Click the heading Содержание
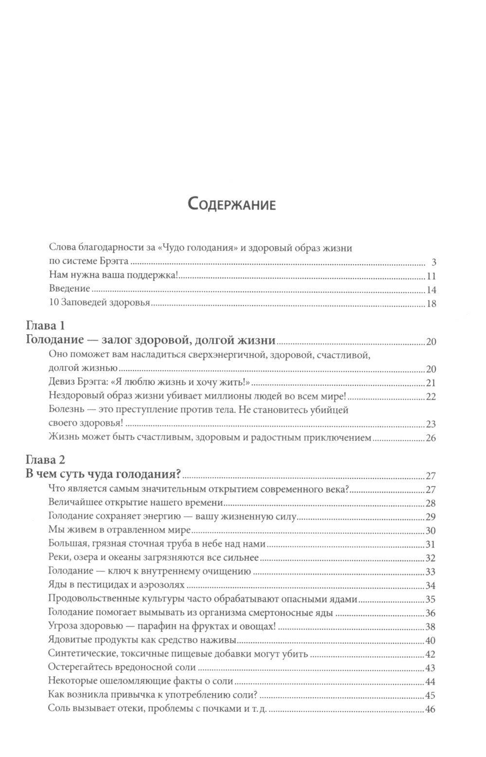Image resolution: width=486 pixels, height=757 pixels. point(231,204)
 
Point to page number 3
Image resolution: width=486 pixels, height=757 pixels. point(434,263)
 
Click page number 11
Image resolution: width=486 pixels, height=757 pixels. point(431,277)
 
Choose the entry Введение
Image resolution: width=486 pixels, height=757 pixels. point(69,289)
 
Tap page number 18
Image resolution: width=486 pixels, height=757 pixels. point(431,304)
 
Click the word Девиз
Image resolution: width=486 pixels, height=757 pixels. point(61,382)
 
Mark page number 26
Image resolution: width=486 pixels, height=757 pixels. point(431,438)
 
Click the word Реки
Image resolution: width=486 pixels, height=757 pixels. point(58,558)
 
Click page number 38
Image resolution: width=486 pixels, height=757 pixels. point(431,627)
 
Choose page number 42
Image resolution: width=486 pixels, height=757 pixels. point(431,654)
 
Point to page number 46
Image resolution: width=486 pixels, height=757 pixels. point(431,709)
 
